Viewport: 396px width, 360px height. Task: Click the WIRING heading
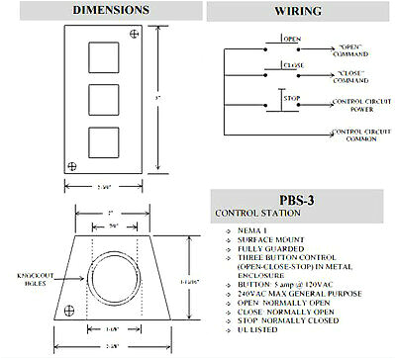(x=297, y=11)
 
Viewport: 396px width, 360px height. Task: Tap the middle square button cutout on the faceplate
(x=101, y=102)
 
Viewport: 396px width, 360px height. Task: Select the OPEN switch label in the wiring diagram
(x=292, y=40)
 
